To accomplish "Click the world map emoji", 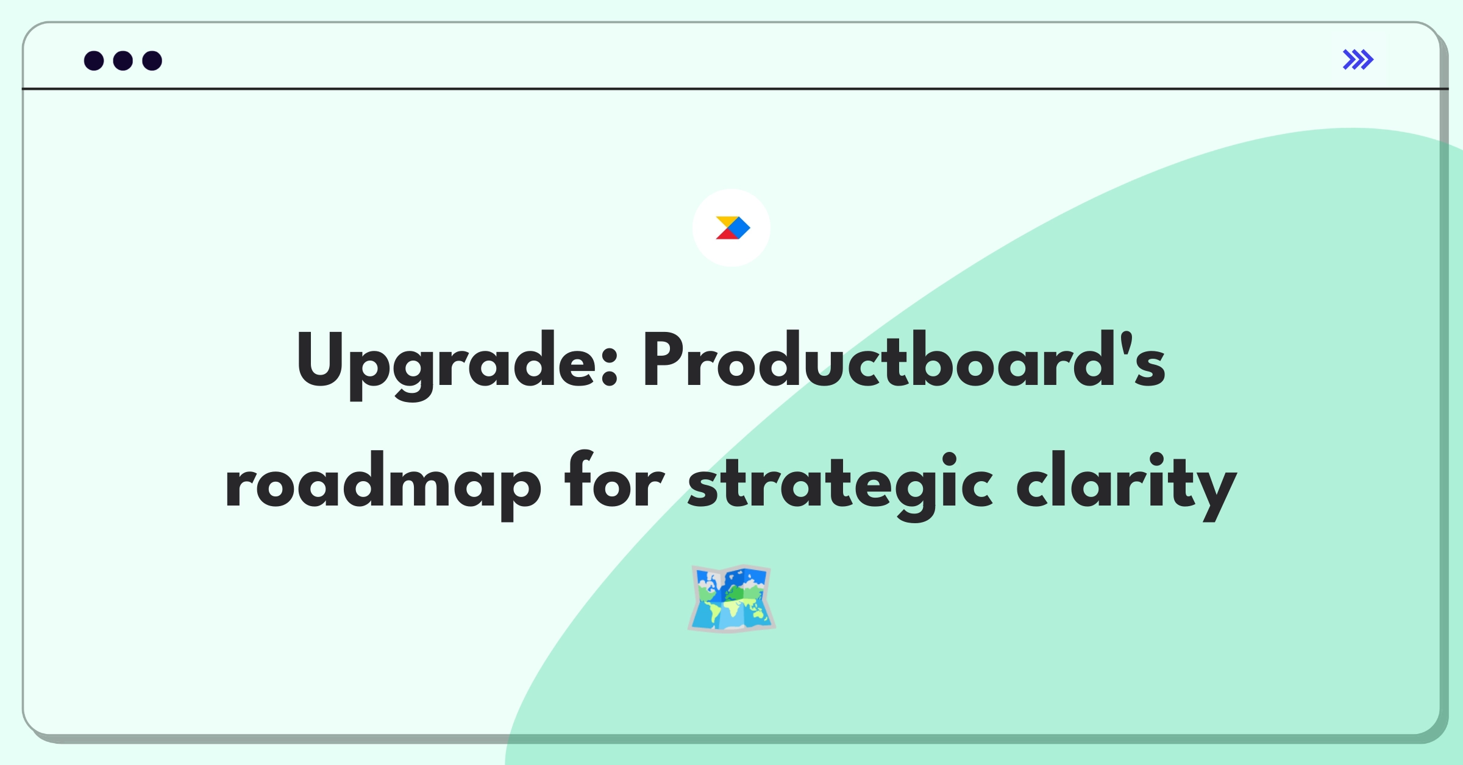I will (731, 599).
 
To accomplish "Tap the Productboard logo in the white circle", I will (731, 228).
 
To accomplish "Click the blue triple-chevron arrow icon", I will (1358, 60).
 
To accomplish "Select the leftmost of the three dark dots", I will (94, 61).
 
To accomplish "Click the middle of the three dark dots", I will (123, 61).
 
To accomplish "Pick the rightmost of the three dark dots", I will (152, 61).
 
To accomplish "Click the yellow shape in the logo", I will (727, 221).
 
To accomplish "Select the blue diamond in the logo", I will (739, 228).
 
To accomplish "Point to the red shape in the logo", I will (726, 234).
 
